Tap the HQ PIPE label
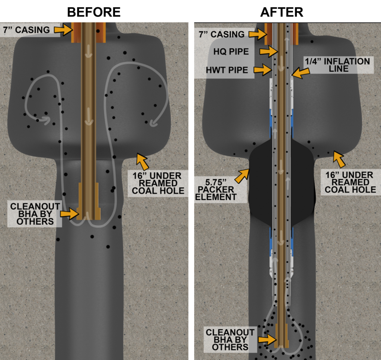231,51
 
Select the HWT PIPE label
227,70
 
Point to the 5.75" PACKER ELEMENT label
215,189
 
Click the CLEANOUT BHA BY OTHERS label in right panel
230,340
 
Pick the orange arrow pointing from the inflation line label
301,72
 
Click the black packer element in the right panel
281,182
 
